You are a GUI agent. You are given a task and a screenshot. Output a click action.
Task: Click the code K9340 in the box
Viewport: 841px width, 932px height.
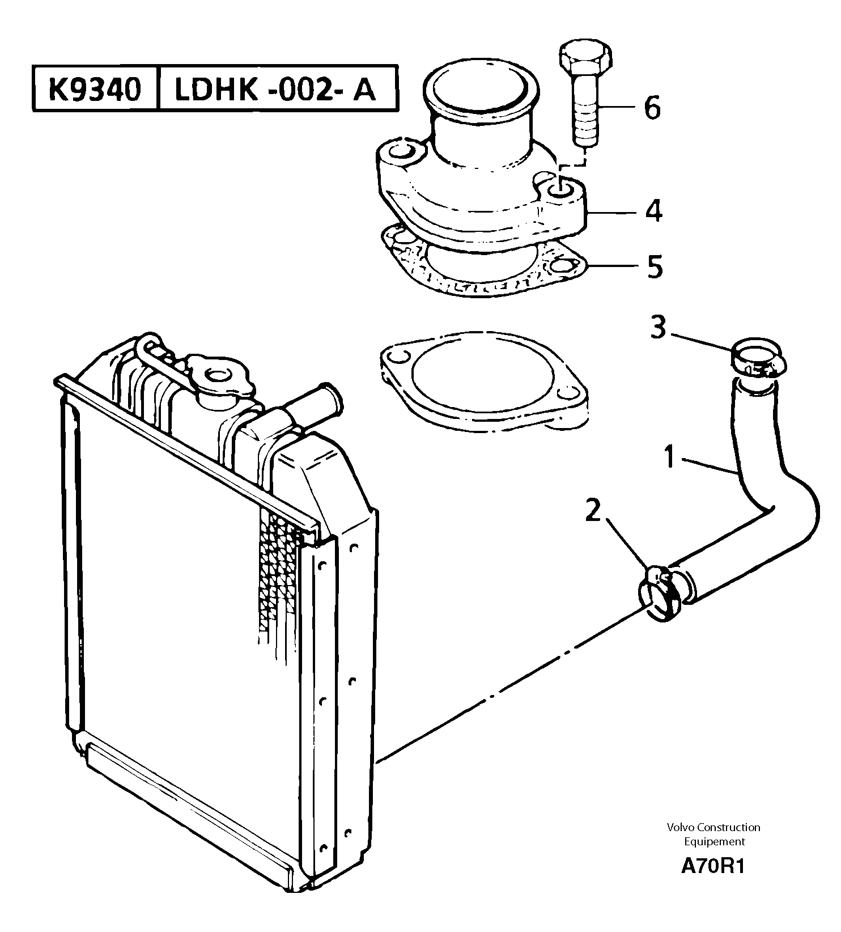click(94, 89)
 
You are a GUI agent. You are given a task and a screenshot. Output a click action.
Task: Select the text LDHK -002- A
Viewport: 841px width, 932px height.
click(275, 89)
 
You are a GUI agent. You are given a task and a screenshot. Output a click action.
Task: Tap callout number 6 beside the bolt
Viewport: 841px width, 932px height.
click(652, 108)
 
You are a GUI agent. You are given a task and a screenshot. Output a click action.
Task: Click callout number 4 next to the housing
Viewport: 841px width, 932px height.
click(653, 211)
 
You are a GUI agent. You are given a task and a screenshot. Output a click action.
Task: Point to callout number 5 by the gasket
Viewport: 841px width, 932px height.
click(655, 266)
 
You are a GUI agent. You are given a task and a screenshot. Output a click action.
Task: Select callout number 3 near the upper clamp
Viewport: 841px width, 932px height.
click(658, 328)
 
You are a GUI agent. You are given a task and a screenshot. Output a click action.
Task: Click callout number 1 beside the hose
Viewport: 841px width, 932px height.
click(670, 457)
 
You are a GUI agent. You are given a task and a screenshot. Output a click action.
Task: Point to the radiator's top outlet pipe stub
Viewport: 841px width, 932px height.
click(317, 400)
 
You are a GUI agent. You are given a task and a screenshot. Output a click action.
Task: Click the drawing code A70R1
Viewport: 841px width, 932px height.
click(712, 867)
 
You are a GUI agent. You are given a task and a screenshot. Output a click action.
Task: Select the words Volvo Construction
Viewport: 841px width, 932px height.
click(713, 827)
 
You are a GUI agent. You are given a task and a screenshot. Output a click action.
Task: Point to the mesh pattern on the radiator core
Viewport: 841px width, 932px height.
click(278, 567)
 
